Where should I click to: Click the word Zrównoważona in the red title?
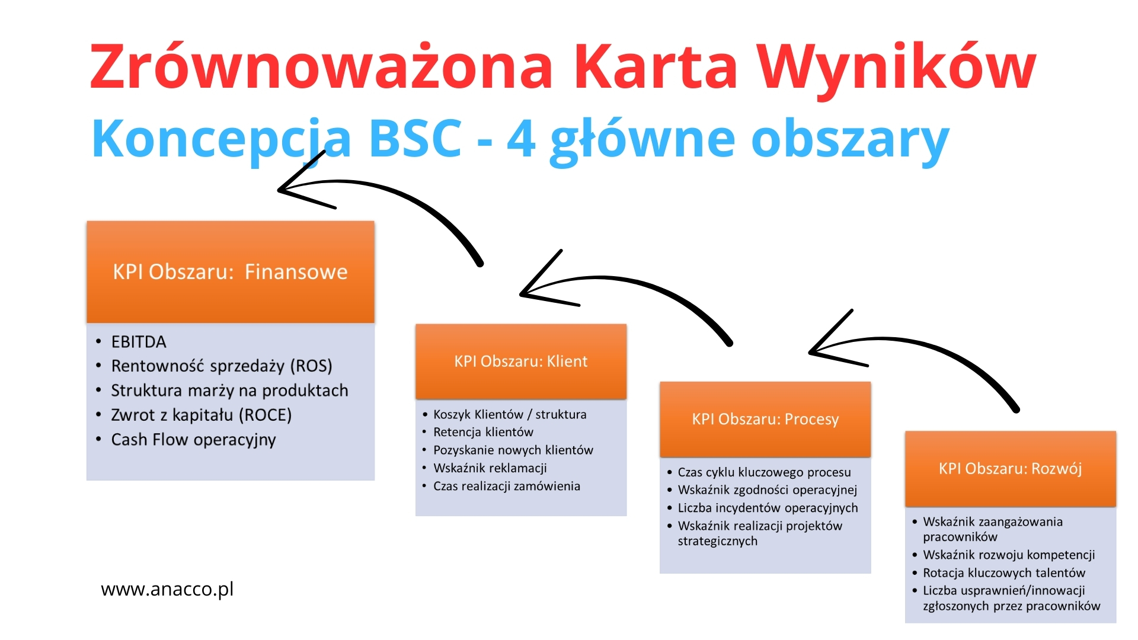(321, 66)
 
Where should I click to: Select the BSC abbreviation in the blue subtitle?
(415, 137)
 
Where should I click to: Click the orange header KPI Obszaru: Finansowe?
(231, 272)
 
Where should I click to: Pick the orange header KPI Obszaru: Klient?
(521, 361)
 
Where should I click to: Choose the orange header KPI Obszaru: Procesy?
(765, 420)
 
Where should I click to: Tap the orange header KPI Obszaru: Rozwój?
(1011, 469)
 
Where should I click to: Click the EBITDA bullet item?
(139, 342)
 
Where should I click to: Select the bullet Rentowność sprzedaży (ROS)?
(222, 366)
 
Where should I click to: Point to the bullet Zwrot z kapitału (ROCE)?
(202, 415)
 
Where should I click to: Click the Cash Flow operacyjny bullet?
(194, 440)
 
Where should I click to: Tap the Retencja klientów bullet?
(483, 432)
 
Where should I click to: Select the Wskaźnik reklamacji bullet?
(490, 468)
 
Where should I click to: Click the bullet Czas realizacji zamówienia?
(507, 486)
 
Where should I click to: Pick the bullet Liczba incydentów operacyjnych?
(768, 508)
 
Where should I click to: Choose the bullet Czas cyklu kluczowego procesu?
(764, 472)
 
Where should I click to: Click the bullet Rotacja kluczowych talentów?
(1004, 573)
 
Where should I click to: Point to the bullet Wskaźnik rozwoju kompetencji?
(1009, 555)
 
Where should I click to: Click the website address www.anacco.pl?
(167, 589)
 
